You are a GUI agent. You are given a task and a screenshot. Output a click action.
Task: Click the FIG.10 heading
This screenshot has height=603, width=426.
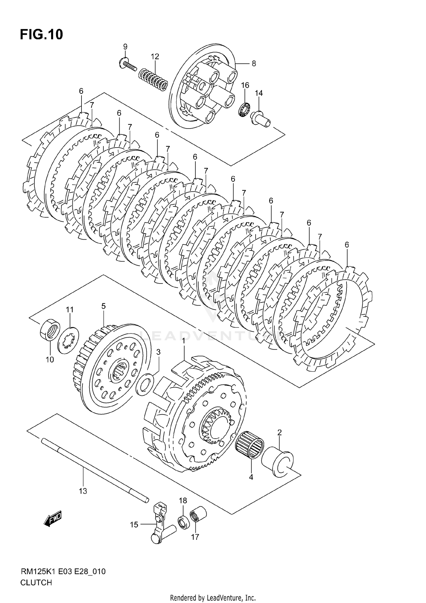coord(41,35)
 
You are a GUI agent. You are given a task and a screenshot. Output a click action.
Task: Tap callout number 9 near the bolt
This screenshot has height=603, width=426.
coord(125,47)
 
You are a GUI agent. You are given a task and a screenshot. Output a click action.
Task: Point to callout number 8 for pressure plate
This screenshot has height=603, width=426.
coord(254,63)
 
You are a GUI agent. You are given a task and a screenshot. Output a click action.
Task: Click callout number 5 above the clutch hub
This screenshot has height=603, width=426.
coord(103,306)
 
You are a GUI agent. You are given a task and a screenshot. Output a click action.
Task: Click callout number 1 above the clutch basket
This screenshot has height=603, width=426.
coord(183,340)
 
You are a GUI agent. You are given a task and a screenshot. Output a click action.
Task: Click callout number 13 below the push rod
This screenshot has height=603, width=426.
coord(83,491)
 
